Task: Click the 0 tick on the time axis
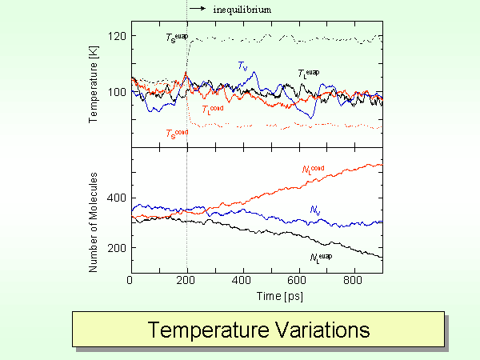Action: tap(130, 281)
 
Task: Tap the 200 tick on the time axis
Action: tap(186, 281)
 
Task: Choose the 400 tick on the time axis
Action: tap(242, 281)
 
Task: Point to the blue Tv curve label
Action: tap(242, 66)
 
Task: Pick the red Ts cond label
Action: tap(177, 133)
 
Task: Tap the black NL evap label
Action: tap(320, 257)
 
